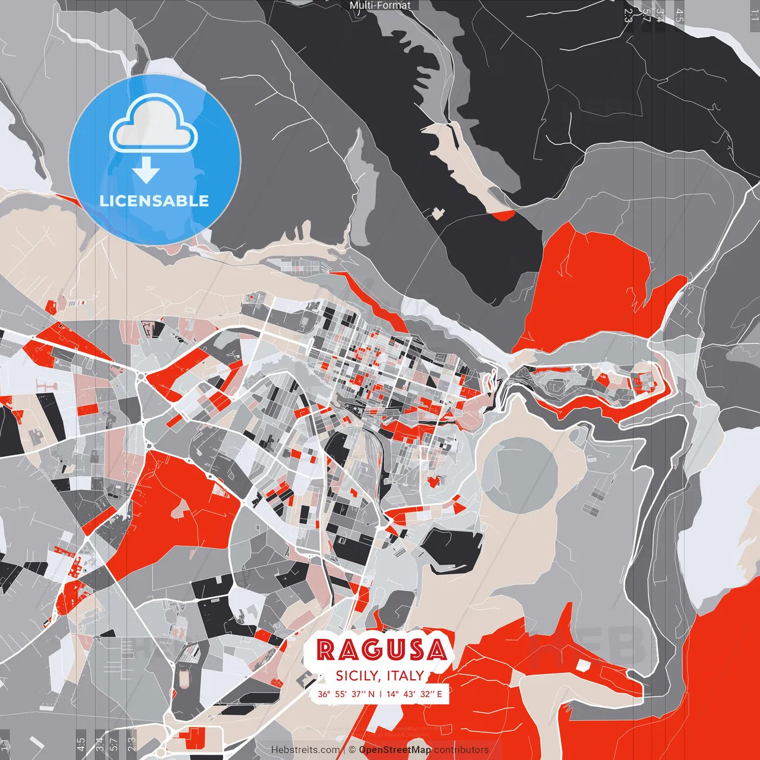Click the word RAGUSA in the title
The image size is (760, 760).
tap(381, 650)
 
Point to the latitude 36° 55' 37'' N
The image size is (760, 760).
tap(346, 693)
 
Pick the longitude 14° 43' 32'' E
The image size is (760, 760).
tap(414, 693)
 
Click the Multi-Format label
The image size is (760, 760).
tap(380, 5)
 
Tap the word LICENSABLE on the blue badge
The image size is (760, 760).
tap(154, 201)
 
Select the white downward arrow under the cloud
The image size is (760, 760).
tap(146, 171)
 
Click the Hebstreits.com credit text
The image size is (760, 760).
tap(306, 750)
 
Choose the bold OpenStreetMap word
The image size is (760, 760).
tap(395, 750)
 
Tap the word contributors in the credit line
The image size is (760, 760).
tap(461, 750)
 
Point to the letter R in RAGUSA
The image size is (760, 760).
tap(326, 650)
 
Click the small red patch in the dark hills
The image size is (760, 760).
tap(503, 215)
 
